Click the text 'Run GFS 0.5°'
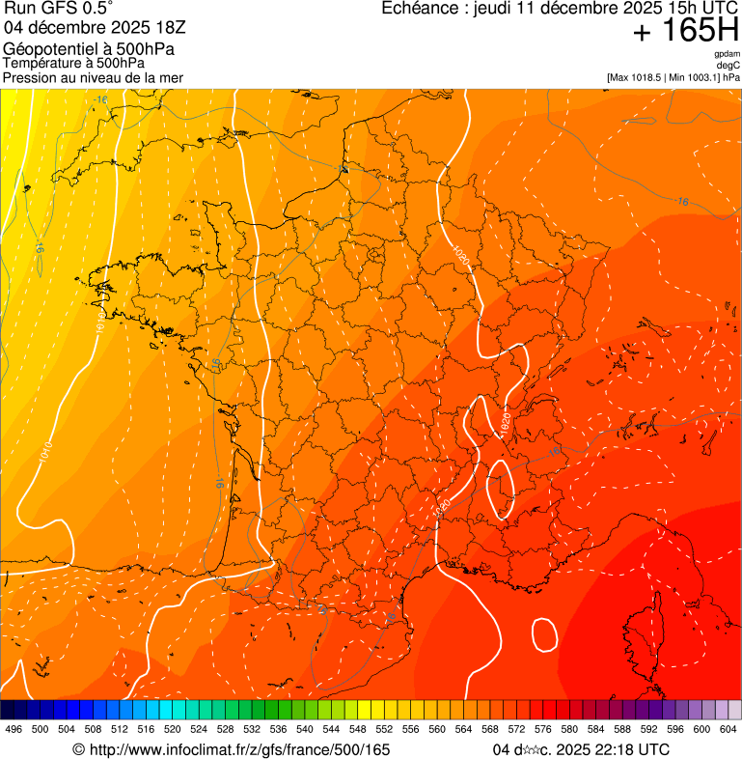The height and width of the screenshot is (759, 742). pyautogui.click(x=58, y=10)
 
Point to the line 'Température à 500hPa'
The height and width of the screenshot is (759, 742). pyautogui.click(x=73, y=64)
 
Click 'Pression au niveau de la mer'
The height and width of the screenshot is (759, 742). pyautogui.click(x=93, y=77)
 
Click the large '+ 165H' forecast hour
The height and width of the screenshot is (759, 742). pyautogui.click(x=686, y=32)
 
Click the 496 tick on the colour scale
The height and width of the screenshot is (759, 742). pyautogui.click(x=14, y=729)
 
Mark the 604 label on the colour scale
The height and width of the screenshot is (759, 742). pyautogui.click(x=728, y=729)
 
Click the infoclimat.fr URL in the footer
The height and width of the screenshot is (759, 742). pyautogui.click(x=239, y=749)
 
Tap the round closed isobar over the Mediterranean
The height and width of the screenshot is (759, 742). pyautogui.click(x=544, y=634)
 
